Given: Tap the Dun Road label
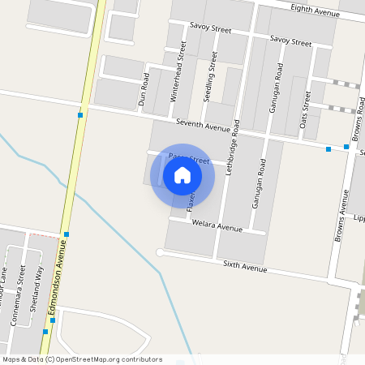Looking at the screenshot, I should tap(144, 90).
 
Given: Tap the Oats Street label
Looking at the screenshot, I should tap(306, 110).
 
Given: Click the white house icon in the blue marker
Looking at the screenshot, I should tap(182, 175).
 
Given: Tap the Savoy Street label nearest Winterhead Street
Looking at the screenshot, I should tap(211, 30).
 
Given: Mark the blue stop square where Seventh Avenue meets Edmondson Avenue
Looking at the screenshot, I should tap(80, 116).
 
